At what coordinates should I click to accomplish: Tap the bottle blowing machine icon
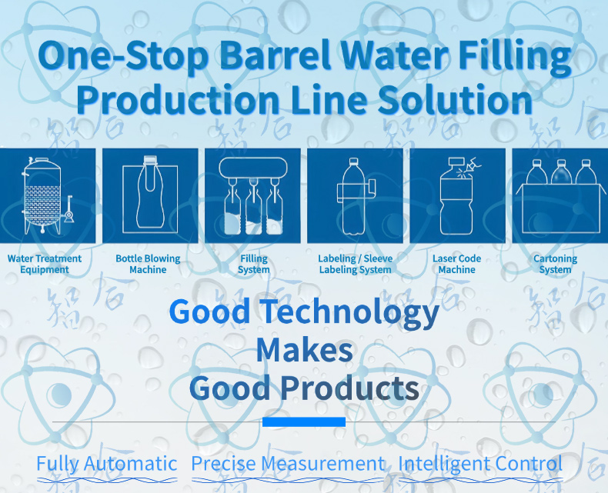pos(150,195)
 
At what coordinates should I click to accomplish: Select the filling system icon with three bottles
pos(252,195)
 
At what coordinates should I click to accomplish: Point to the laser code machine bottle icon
pos(458,195)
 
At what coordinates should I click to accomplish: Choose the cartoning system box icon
pos(560,195)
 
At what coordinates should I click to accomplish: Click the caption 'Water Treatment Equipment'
pos(45,264)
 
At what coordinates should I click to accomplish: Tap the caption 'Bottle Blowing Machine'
pos(148,264)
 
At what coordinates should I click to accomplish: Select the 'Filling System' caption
pos(254,264)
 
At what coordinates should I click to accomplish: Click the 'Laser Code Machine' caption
pos(457,264)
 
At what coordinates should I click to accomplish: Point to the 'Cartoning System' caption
pos(555,264)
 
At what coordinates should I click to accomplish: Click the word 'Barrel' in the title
pos(276,55)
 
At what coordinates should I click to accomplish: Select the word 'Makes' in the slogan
pos(305,350)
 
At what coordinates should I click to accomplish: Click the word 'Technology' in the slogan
pos(349,313)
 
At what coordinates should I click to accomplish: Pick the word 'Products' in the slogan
pos(349,388)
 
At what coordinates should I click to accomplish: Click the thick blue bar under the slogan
pos(304,421)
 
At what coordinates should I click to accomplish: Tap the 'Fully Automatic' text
pos(107,464)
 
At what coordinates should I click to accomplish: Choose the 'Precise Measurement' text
pos(288,464)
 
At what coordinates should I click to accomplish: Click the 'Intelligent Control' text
pos(480,464)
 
